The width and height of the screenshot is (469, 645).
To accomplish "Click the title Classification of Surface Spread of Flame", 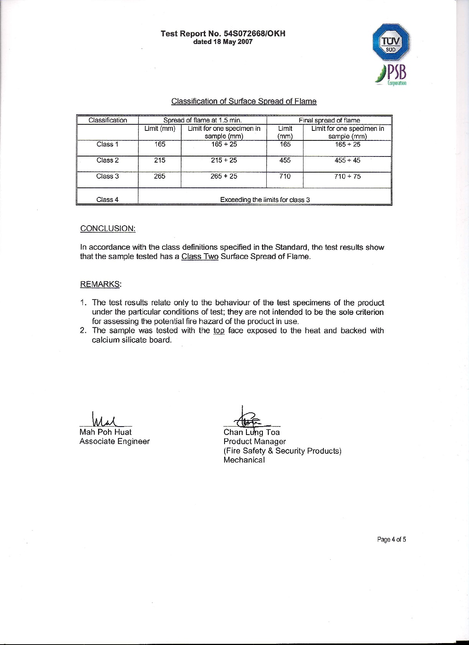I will (244, 101).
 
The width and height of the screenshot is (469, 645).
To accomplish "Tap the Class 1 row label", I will (107, 144).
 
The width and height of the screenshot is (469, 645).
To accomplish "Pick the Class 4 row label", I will (107, 199).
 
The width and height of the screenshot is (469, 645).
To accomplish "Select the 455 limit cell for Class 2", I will (285, 160).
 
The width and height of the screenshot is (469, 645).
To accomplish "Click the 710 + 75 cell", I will (347, 176).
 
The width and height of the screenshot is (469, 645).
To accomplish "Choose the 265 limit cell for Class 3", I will (159, 176).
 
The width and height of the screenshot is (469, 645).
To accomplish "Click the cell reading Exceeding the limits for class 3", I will (265, 199).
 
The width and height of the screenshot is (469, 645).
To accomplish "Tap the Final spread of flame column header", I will (329, 120).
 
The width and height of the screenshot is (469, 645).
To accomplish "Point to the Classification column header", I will (108, 120).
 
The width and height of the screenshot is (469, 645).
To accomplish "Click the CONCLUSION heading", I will (108, 228).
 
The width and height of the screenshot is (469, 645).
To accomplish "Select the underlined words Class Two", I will (200, 256).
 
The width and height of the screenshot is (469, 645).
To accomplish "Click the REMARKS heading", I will (100, 284).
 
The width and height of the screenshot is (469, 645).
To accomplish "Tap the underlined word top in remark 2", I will (219, 331).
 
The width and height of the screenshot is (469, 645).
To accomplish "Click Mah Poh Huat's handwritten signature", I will (104, 419).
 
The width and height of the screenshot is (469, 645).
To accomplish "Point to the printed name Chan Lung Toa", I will (251, 432).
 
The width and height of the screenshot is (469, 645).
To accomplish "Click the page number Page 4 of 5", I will (391, 539).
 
